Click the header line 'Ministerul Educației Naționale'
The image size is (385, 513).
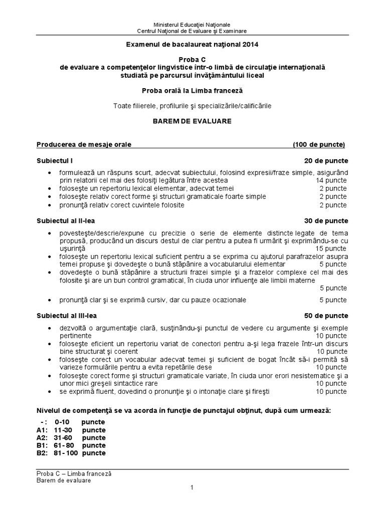pos(192,25)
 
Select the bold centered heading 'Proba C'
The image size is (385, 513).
pos(192,59)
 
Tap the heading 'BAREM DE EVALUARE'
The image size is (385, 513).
pos(192,121)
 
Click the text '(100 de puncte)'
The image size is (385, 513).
pos(319,145)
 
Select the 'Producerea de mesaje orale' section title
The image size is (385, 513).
pos(84,145)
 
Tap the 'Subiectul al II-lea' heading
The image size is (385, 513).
pos(66,221)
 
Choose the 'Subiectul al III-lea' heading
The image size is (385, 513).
pos(67,316)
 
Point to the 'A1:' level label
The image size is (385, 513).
pos(42,430)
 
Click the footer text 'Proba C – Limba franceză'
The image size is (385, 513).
pos(74,473)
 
